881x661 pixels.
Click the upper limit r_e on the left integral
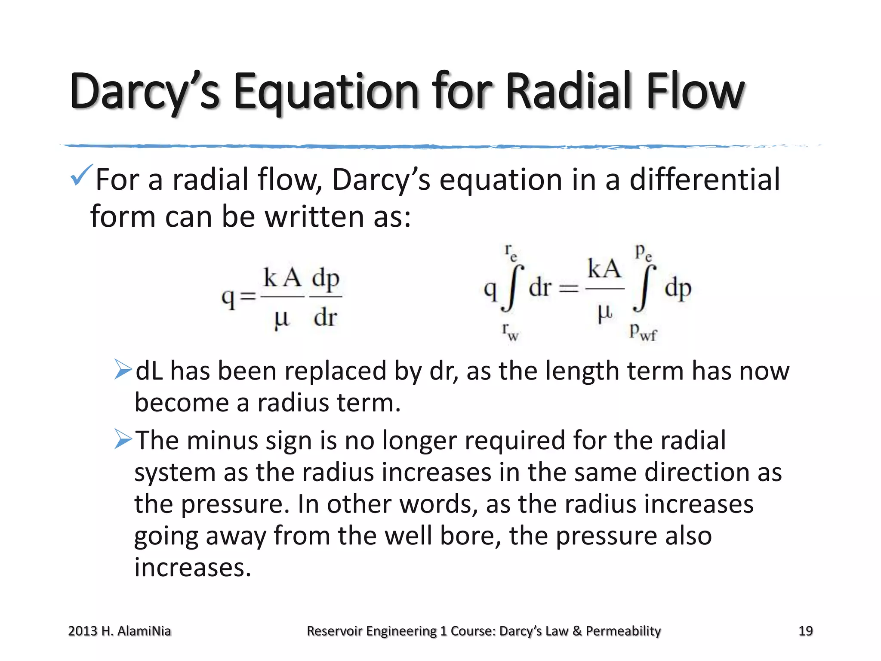(510, 252)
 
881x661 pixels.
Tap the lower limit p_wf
(643, 332)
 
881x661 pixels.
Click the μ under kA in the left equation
(282, 319)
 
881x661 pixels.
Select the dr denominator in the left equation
(325, 318)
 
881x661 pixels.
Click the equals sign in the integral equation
(569, 289)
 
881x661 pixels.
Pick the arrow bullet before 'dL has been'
(123, 370)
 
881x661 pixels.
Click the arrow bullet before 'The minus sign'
(123, 439)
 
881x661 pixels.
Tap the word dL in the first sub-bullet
(149, 371)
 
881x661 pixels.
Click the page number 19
(805, 631)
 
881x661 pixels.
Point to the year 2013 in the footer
(83, 631)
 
